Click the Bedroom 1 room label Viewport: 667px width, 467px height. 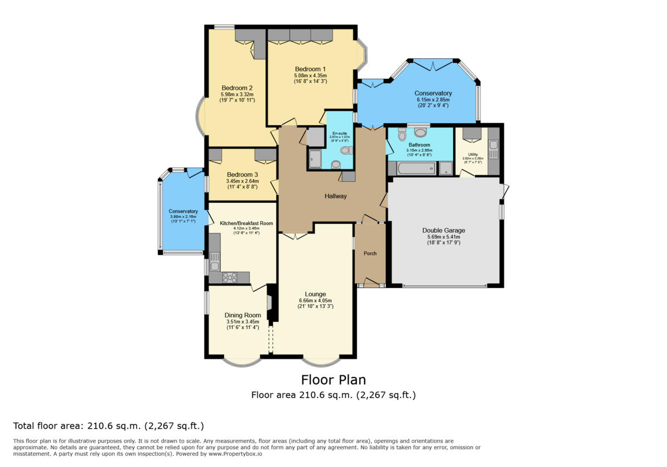coord(310,69)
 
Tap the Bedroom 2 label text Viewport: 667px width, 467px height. coord(237,88)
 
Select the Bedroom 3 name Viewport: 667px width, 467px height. coord(242,175)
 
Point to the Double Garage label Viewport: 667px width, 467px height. coord(444,230)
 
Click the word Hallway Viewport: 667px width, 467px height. coord(336,196)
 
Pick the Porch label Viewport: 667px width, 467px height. coord(370,254)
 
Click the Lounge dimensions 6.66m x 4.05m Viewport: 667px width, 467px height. coord(315,301)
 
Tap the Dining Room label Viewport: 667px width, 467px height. coord(242,315)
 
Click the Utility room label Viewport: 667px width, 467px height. coord(472,154)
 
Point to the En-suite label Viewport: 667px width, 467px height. coord(339,133)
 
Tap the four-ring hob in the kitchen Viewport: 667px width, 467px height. coord(229,277)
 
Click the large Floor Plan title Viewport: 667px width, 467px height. coord(333,380)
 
